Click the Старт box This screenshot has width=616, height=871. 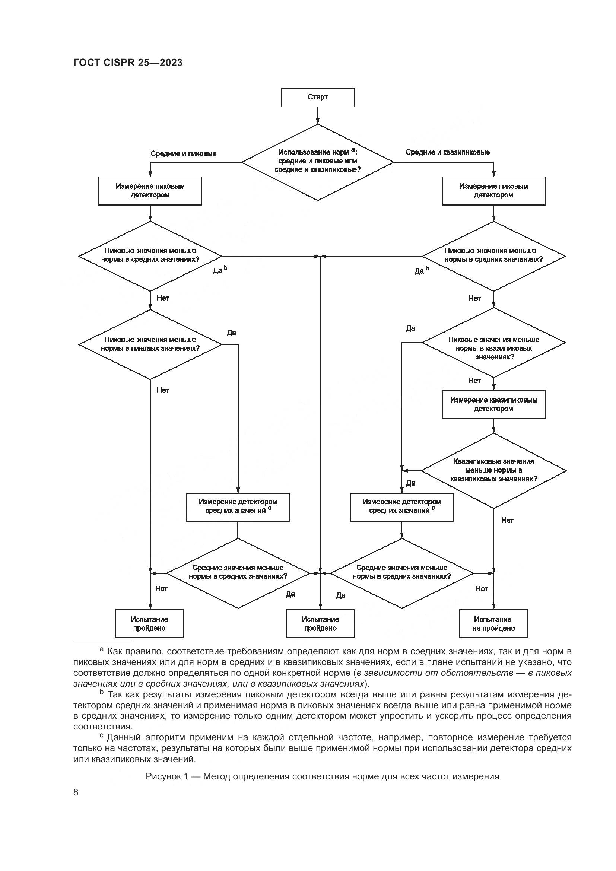(x=317, y=98)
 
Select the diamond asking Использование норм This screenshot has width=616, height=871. (x=317, y=162)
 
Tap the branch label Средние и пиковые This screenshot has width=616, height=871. (x=183, y=154)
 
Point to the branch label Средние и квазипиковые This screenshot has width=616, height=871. (x=448, y=152)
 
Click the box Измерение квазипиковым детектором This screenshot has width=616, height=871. (x=493, y=404)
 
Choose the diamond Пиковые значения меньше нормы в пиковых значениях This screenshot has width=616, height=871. (x=150, y=344)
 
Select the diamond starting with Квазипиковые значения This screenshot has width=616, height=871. (x=493, y=470)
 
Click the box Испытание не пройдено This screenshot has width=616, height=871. (x=493, y=624)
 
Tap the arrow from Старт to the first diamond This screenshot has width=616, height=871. (x=317, y=115)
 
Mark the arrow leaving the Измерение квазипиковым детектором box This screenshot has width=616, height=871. (x=493, y=426)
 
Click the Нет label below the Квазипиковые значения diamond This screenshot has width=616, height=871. (x=507, y=521)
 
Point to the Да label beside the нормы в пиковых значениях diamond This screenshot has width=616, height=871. (x=231, y=333)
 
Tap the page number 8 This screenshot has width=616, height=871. (x=76, y=792)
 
